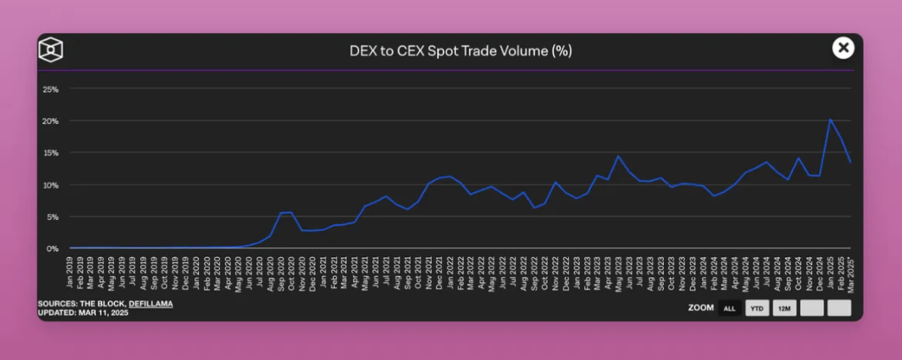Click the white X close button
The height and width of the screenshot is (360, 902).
843,48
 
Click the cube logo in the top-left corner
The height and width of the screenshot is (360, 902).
51,50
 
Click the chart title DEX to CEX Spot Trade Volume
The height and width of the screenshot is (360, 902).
461,51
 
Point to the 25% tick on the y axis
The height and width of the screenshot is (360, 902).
51,89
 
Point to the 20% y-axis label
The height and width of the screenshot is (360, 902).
51,121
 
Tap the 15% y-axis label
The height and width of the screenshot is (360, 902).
51,152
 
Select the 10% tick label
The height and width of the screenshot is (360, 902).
51,185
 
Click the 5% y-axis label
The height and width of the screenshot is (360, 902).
53,217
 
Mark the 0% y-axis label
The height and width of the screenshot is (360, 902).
53,249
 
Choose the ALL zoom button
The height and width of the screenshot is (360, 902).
729,308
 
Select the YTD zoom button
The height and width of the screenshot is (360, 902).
757,308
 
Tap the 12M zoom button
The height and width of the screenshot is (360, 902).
783,308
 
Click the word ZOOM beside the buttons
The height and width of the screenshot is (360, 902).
701,308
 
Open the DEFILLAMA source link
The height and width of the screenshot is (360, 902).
151,304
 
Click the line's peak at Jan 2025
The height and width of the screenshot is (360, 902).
830,119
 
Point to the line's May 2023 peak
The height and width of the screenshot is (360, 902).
618,156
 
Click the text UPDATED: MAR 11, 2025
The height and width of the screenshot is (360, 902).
83,313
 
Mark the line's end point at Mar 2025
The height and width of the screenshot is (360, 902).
851,162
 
